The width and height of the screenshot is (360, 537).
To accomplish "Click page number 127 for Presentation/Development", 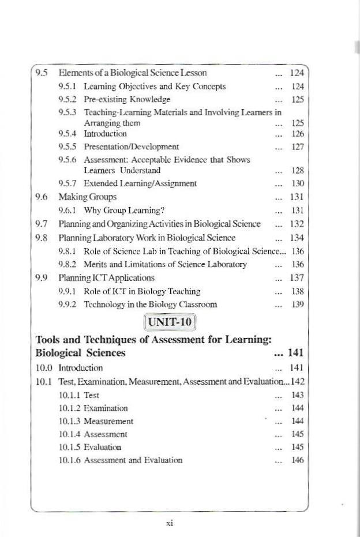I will coord(298,146).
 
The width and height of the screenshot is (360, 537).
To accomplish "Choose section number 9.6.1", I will coord(69,211).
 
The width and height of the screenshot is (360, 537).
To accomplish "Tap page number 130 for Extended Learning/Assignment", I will coord(298,183).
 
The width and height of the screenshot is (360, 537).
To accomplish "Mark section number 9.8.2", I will coord(69,264).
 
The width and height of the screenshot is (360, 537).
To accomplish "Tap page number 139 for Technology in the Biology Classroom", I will coord(298,304).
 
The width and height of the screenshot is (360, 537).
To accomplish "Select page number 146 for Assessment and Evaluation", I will coord(298,460).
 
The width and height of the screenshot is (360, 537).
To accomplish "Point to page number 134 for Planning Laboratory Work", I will coord(298,237).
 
